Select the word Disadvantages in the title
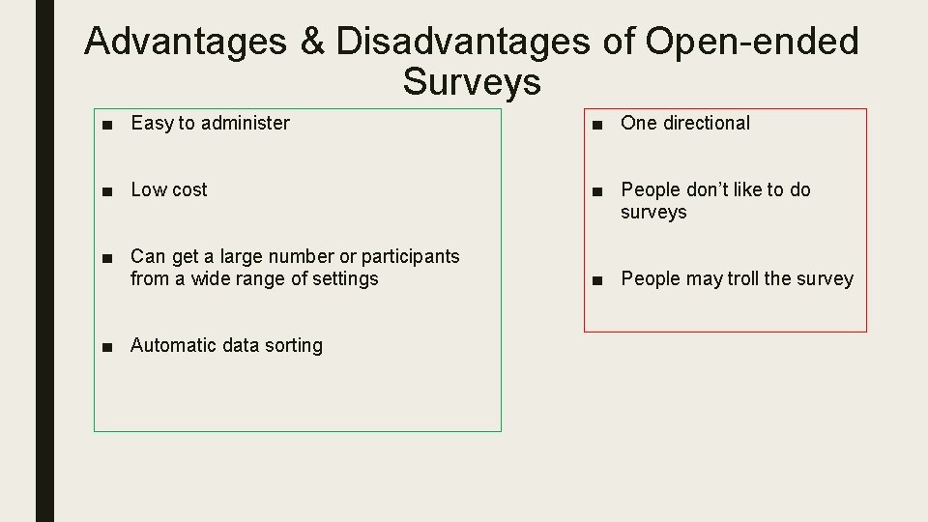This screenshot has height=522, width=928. coord(460,42)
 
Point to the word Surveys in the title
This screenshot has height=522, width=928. coord(472,82)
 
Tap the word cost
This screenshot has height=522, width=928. coord(188,189)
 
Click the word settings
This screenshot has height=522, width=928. coord(345,278)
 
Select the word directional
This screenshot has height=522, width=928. coord(706,123)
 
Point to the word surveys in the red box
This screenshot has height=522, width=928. coord(653,212)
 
